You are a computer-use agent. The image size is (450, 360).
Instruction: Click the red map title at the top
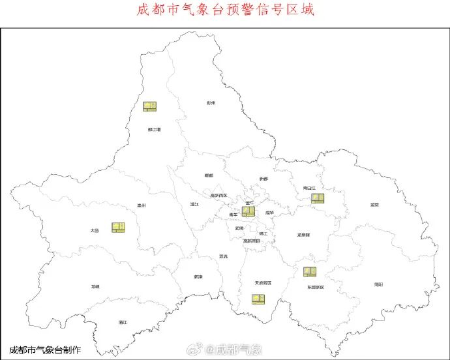(x=225, y=10)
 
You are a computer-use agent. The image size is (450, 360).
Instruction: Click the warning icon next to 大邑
(x=118, y=227)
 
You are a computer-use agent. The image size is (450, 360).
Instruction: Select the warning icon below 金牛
(x=248, y=211)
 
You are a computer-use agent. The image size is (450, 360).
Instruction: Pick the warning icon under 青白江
(x=318, y=198)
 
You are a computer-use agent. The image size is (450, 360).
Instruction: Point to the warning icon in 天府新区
(x=259, y=299)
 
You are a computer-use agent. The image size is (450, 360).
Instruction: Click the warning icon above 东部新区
(x=310, y=271)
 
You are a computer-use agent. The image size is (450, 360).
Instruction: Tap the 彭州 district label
(x=211, y=103)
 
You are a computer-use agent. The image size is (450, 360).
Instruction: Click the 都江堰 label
(x=155, y=129)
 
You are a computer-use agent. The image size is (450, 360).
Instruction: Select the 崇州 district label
(x=142, y=205)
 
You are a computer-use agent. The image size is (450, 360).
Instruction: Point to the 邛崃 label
(x=96, y=286)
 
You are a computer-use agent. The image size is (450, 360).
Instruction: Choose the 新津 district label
(x=198, y=277)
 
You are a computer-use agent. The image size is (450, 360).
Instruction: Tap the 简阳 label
(x=379, y=284)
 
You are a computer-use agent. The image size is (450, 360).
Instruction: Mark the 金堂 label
(x=374, y=205)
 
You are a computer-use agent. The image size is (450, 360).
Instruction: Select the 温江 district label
(x=194, y=205)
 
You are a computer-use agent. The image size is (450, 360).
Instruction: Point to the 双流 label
(x=224, y=256)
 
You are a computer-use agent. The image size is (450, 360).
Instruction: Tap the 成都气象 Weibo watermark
(x=232, y=350)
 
